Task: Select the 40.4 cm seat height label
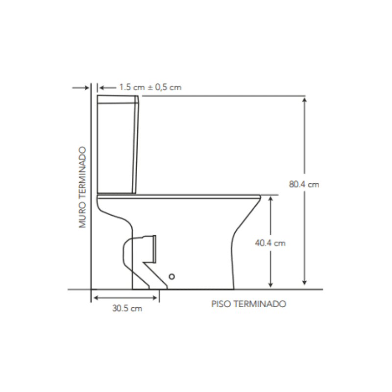coord(270,243)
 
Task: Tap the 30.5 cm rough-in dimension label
coord(127,309)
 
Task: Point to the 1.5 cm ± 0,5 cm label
coord(150,87)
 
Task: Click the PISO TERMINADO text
coord(248,304)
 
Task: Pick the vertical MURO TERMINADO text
coord(83,188)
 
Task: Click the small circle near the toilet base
coord(171,277)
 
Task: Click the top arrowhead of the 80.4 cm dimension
coord(305,99)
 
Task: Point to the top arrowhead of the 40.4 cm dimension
coord(270,198)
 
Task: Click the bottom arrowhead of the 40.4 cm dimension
coord(270,284)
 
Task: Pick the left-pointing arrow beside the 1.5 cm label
coord(100,87)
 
